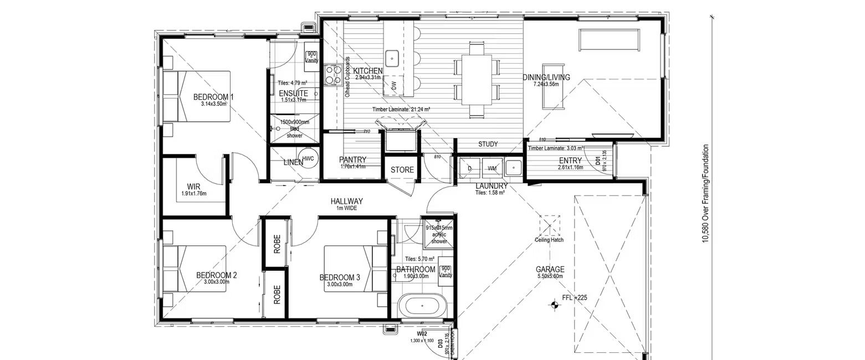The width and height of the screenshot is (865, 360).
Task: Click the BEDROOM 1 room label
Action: point(213,97)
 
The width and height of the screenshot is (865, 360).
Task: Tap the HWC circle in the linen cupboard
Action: point(308,158)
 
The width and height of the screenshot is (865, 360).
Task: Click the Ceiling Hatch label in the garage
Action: point(549,240)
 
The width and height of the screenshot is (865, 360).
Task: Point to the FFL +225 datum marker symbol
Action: point(553,304)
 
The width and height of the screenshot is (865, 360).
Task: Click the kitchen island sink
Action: point(392,56)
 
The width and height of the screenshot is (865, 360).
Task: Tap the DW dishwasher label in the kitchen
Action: point(394,86)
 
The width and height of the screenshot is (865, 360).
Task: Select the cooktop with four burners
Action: point(332,75)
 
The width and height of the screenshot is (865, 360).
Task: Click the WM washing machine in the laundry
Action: point(492,167)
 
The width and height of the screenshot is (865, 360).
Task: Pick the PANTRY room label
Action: point(353,160)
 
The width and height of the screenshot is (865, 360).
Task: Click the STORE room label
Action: point(402,169)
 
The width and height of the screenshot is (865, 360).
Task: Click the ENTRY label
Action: point(570,161)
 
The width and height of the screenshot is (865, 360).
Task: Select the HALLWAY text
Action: point(346,201)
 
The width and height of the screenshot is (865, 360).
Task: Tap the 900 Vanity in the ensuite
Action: point(311,56)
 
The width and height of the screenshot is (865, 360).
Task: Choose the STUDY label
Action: point(488,144)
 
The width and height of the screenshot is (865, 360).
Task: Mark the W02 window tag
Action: point(422,334)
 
